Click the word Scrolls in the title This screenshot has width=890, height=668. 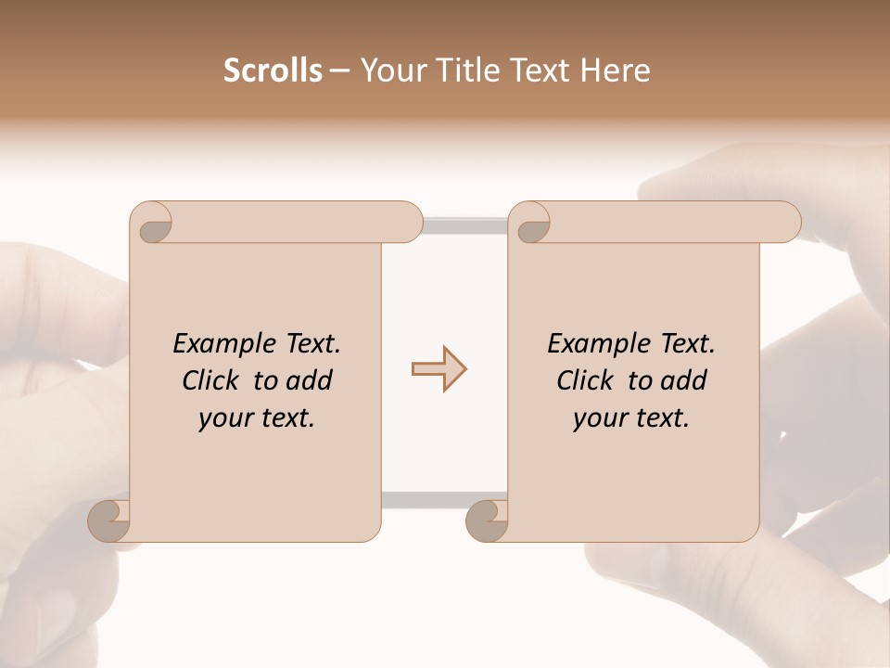pos(273,71)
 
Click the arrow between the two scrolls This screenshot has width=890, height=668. pos(439,369)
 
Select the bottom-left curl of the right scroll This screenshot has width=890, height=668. pos(488,520)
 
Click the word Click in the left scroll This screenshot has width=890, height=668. pos(213,380)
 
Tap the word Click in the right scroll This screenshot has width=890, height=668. pos(588,380)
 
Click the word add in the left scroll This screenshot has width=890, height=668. pos(309,380)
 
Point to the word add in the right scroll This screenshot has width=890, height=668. pos(683,380)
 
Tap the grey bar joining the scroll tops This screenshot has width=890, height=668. pos(465,225)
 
